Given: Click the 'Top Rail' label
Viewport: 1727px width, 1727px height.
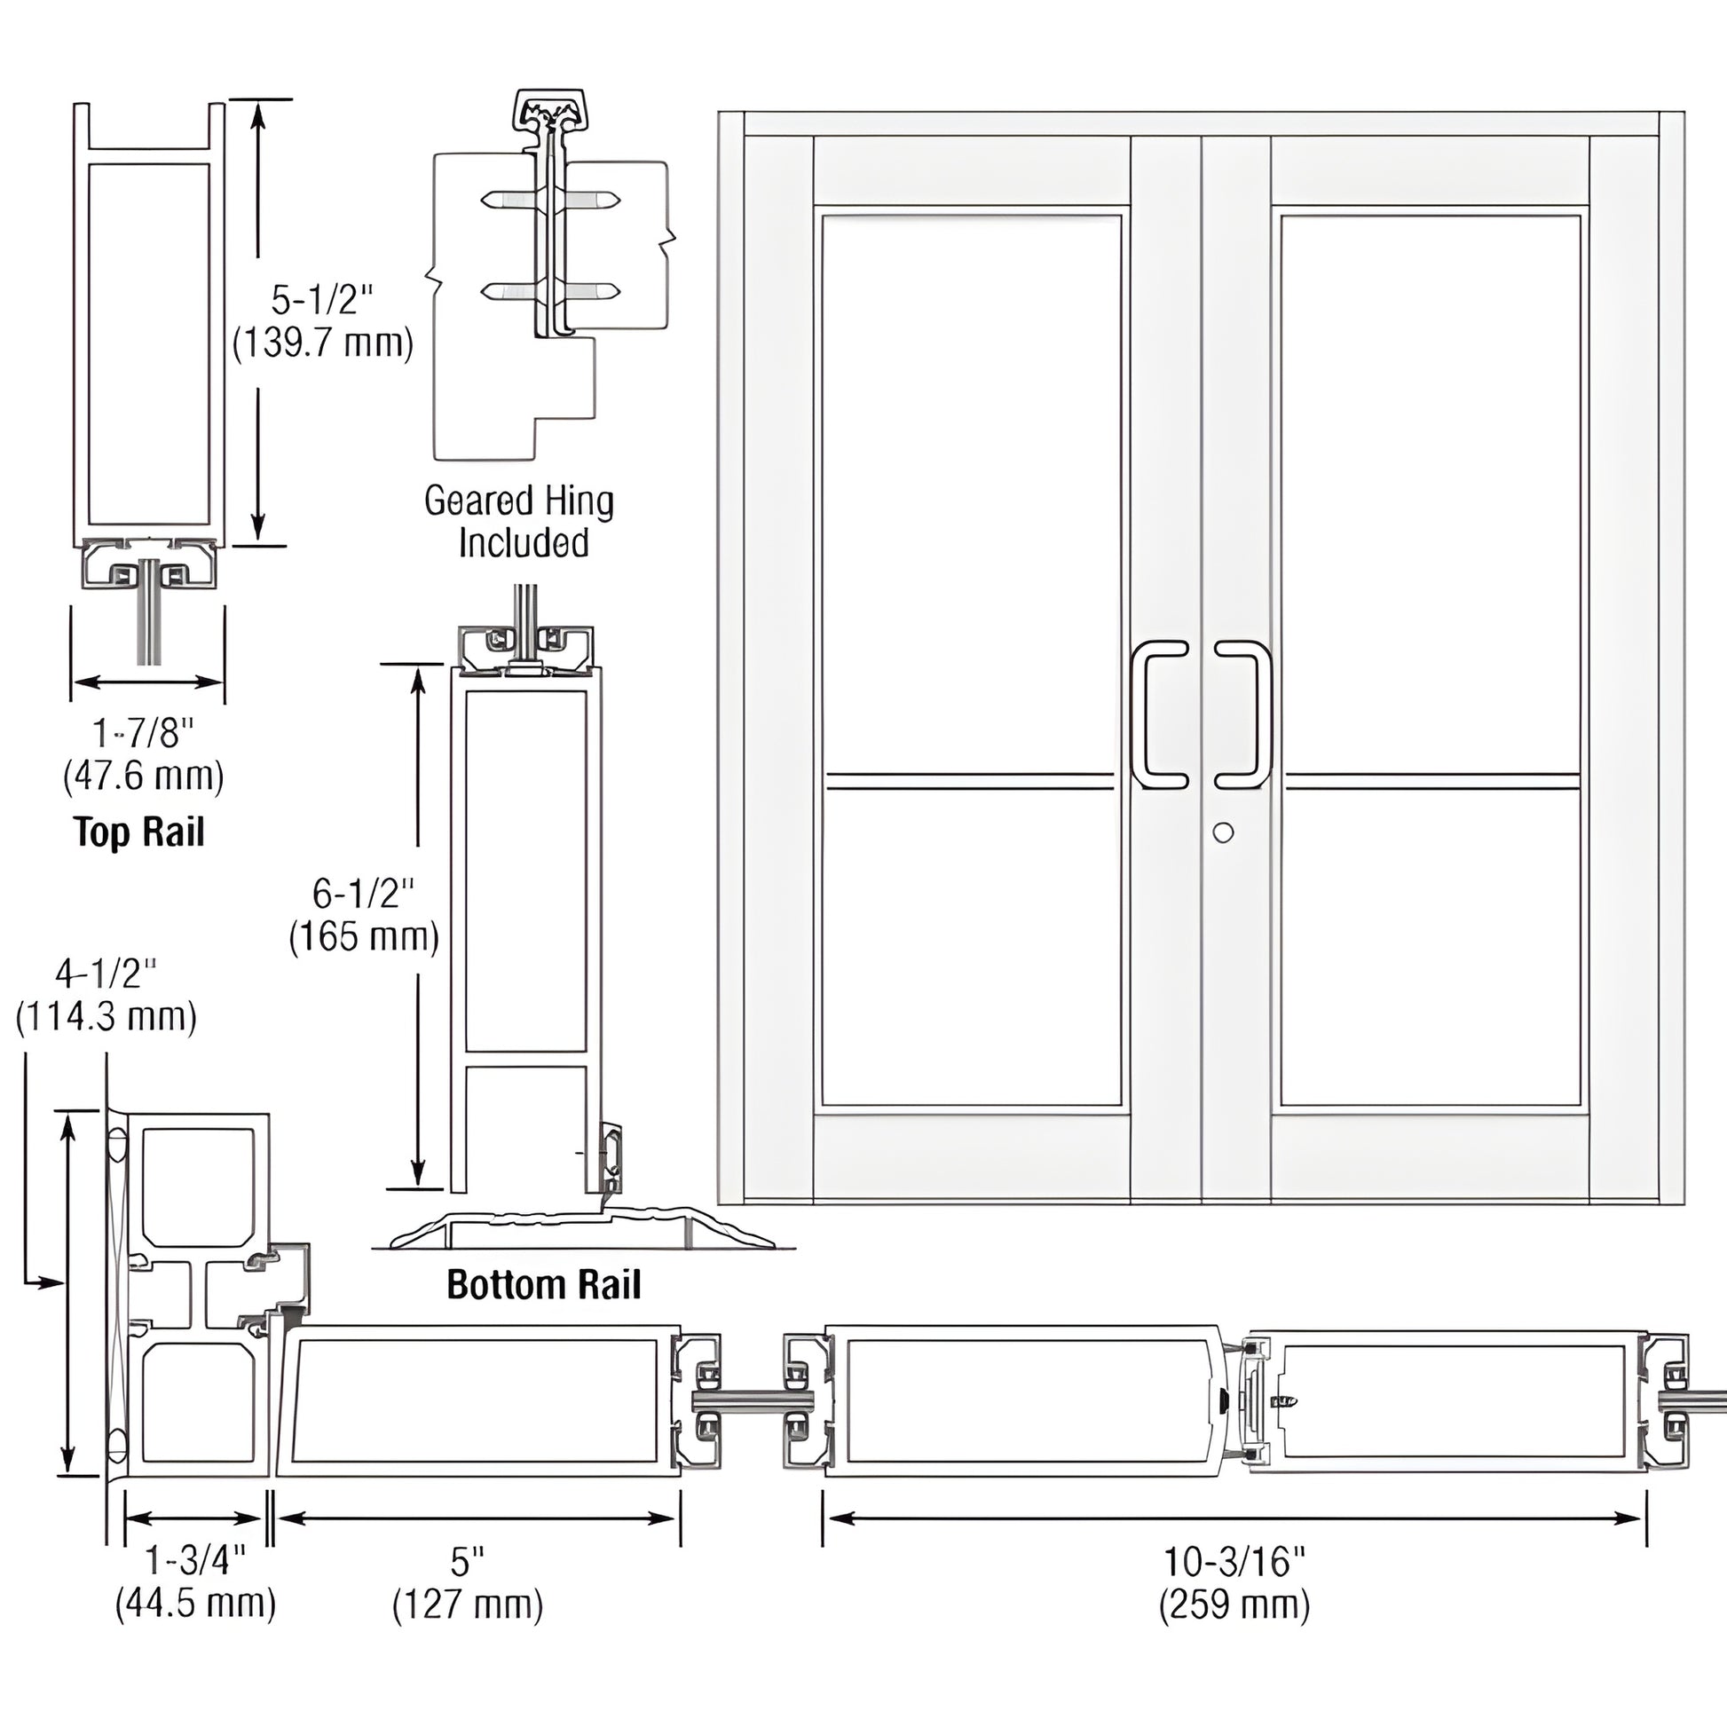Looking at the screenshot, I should pos(139,832).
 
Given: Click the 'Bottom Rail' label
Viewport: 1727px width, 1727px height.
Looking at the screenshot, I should pos(543,1285).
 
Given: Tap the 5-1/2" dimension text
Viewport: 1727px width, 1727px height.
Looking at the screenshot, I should pos(322,300).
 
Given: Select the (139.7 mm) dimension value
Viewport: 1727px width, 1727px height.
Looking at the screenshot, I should pos(323,343).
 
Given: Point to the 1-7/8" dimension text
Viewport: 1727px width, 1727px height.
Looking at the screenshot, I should pos(143,733).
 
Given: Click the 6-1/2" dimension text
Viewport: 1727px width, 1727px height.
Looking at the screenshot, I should pos(364,893).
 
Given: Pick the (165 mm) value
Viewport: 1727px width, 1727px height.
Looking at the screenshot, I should pos(364,937).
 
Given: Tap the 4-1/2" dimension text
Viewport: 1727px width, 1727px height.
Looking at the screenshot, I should pos(106,974).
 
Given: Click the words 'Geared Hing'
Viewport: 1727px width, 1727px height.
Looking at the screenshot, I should pos(518,501).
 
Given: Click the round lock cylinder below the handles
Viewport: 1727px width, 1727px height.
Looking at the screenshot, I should pos(1224,832).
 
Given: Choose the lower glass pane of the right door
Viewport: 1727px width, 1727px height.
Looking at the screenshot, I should pos(1431,950).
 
